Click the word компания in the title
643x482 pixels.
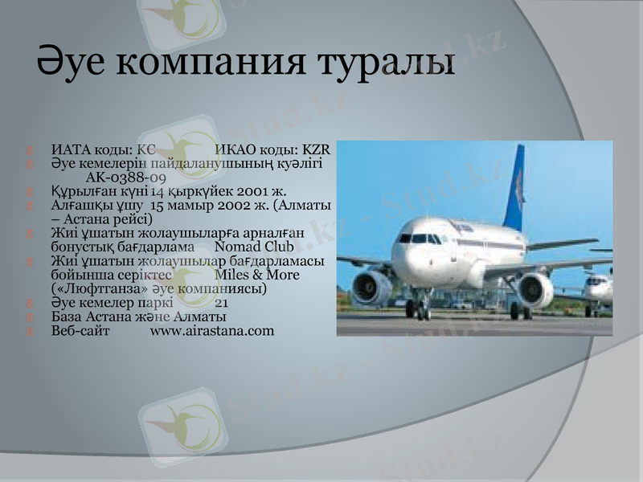(203, 62)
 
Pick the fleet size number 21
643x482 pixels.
(222, 304)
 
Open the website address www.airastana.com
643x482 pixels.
(212, 331)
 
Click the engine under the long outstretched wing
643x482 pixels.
(534, 289)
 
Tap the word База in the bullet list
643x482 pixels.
(67, 317)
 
